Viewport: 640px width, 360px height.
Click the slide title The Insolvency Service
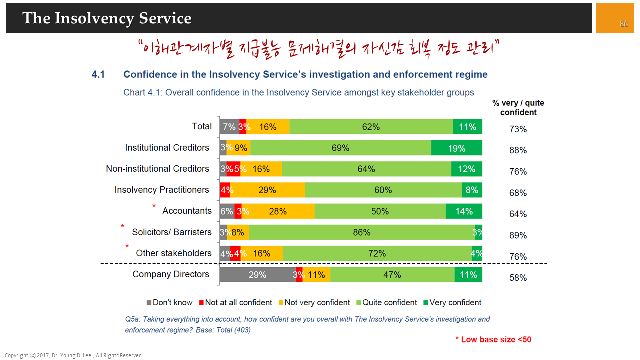(107, 18)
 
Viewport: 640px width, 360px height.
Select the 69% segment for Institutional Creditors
(341, 148)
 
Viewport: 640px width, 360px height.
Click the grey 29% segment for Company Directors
(257, 275)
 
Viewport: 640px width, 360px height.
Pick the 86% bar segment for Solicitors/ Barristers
(361, 232)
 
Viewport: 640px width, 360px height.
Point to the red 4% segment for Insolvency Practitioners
(225, 190)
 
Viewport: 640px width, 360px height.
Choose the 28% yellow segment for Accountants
(278, 211)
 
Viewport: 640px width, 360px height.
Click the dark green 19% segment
(456, 148)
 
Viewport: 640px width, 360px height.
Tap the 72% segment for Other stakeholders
(377, 253)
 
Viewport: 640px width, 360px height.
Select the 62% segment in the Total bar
(371, 127)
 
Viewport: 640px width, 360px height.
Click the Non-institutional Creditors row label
(157, 169)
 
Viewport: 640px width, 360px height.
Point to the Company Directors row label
(171, 274)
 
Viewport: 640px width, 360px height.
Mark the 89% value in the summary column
(518, 235)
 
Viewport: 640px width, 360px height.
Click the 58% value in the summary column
(518, 278)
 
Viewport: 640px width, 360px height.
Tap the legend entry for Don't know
(169, 302)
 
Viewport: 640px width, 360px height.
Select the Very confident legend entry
(452, 302)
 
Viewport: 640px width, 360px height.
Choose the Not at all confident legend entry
(235, 302)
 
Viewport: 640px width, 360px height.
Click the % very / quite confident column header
(518, 108)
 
